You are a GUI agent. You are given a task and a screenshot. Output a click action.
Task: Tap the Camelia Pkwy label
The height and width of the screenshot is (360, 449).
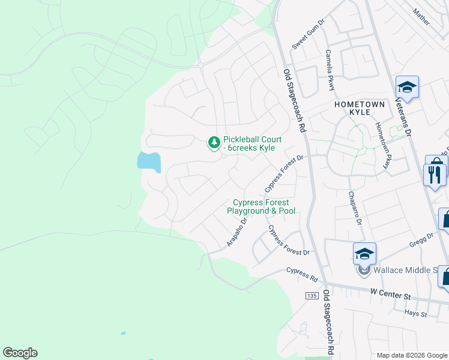click(x=330, y=70)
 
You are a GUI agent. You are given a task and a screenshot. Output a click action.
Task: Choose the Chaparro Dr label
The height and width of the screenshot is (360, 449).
click(x=354, y=208)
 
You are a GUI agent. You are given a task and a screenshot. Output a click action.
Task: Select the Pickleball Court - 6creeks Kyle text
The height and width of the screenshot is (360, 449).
click(x=253, y=143)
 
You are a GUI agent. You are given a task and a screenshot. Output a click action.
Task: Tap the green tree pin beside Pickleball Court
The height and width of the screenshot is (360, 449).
click(x=213, y=143)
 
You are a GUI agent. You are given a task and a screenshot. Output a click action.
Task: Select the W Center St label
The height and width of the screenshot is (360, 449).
click(x=390, y=295)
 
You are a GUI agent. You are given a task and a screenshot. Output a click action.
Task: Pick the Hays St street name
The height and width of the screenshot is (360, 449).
click(x=415, y=313)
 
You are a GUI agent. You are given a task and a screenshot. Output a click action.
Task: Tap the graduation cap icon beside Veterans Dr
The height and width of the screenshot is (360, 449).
click(x=406, y=88)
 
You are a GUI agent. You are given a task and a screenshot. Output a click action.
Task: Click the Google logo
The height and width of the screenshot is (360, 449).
click(x=20, y=353)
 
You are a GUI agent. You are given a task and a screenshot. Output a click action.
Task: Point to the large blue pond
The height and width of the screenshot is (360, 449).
click(x=149, y=161)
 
